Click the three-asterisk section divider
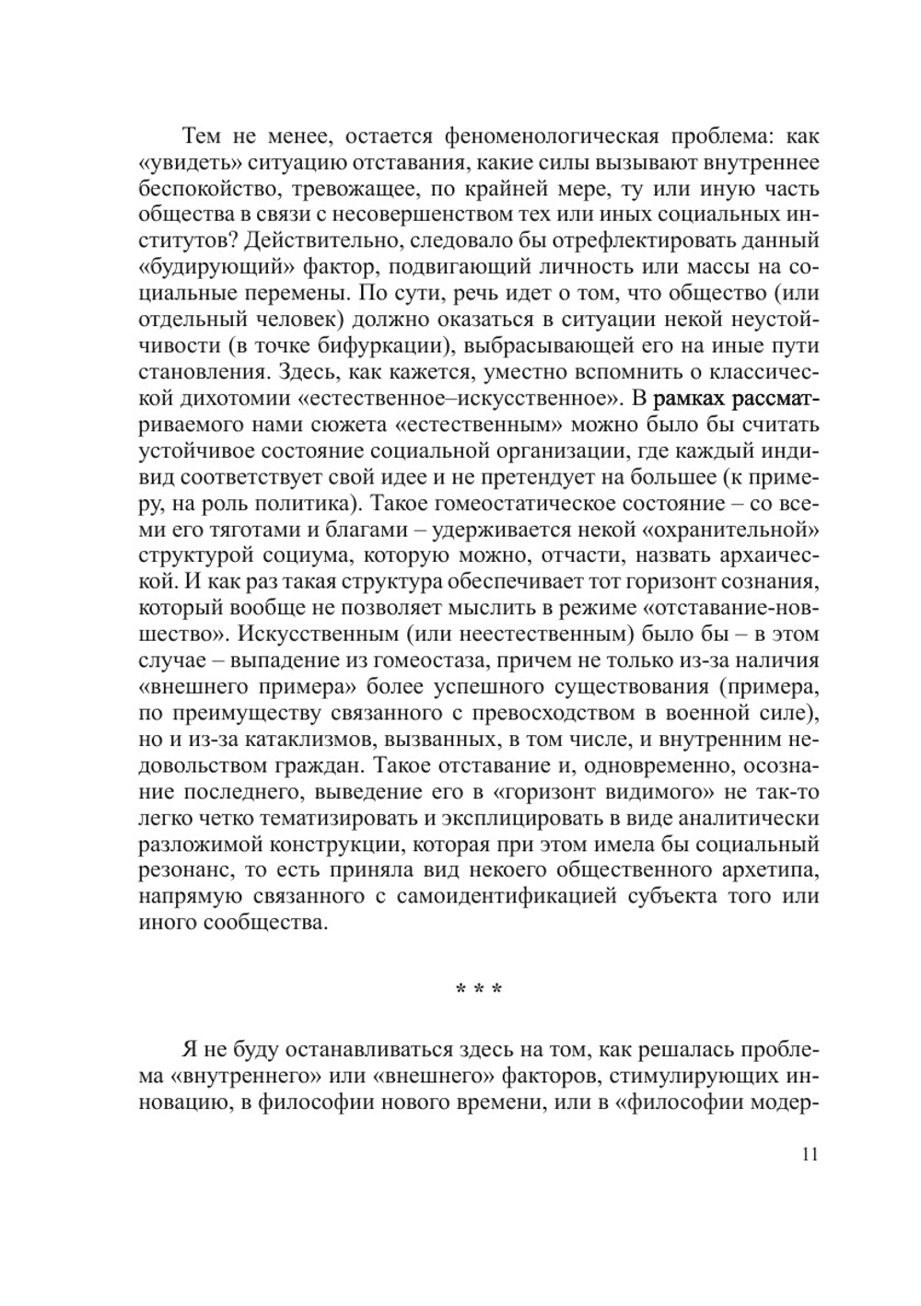tap(479, 991)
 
